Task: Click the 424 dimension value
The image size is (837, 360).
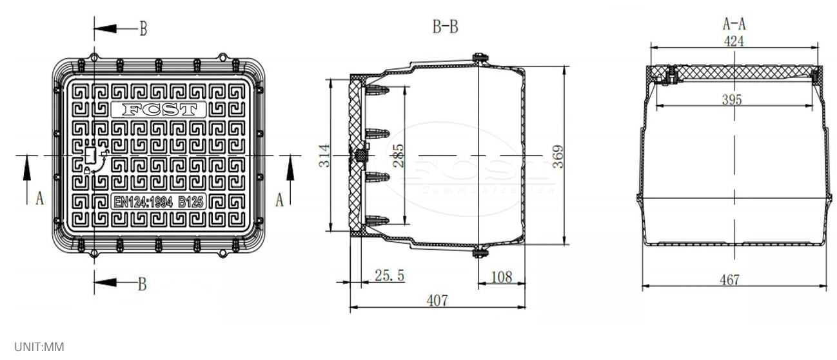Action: pyautogui.click(x=734, y=42)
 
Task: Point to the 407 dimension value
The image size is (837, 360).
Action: pyautogui.click(x=437, y=301)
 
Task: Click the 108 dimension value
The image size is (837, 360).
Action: pyautogui.click(x=500, y=277)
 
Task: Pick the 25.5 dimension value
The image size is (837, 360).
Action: pyautogui.click(x=389, y=275)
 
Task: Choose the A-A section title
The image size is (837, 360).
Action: pyautogui.click(x=734, y=24)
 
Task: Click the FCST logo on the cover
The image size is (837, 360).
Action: pyautogui.click(x=159, y=109)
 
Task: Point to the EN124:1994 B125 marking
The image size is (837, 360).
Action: pyautogui.click(x=159, y=202)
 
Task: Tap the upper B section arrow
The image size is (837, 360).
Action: pyautogui.click(x=116, y=28)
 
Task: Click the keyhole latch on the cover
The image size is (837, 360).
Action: pyautogui.click(x=90, y=155)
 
